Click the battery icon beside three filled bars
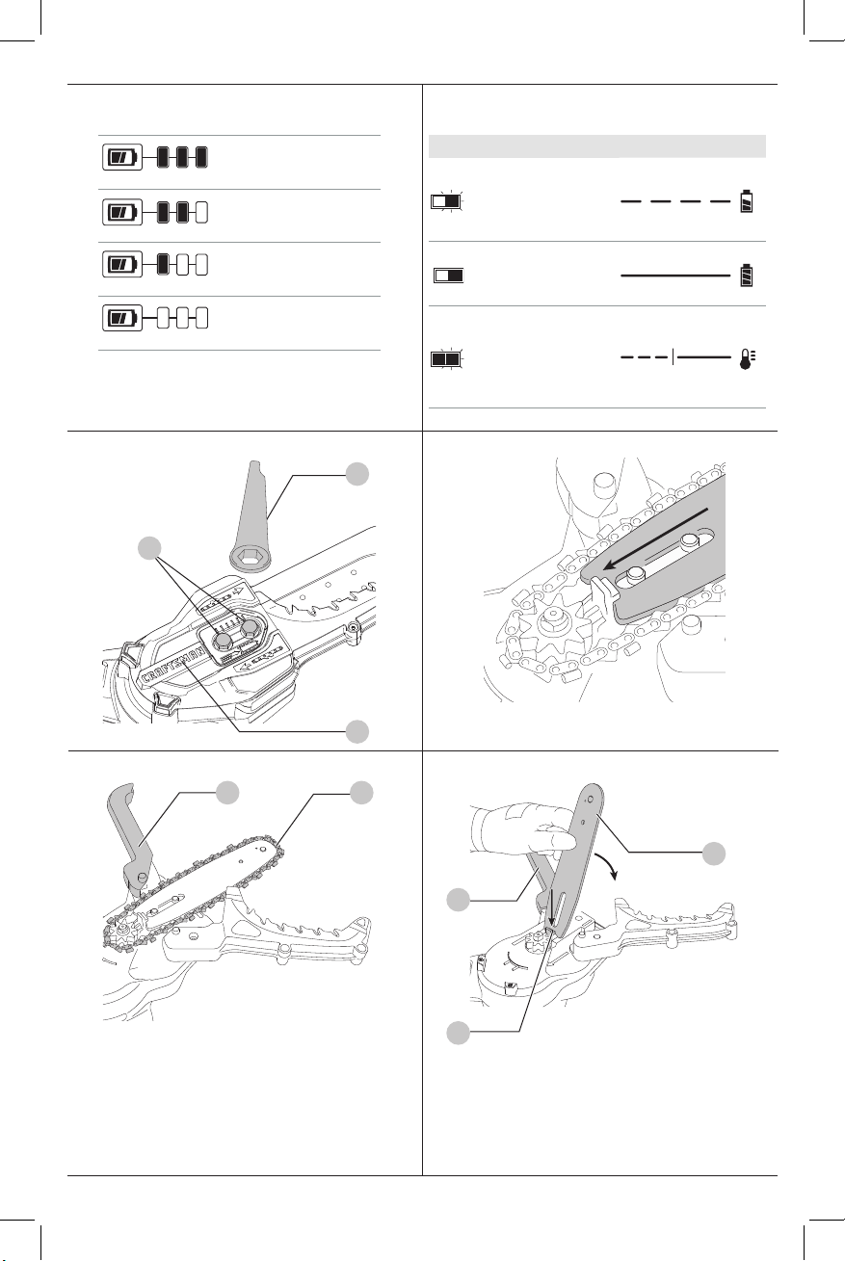[x=121, y=156]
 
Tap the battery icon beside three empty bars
[x=121, y=316]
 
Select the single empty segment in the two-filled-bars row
[x=200, y=210]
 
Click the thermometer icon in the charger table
[x=747, y=358]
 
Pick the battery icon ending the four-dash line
[x=747, y=202]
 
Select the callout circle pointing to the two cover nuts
[x=148, y=549]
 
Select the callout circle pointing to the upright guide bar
[x=713, y=853]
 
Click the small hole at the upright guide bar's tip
[x=588, y=799]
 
